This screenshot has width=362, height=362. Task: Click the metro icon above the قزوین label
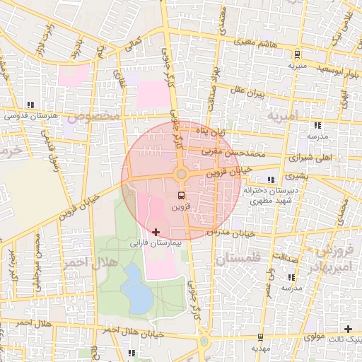(x=181, y=195)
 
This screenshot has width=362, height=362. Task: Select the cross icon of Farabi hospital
(x=156, y=232)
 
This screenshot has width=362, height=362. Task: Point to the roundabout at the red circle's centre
(x=181, y=174)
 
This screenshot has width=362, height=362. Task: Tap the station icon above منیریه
(x=297, y=54)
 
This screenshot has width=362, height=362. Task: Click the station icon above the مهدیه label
(x=261, y=337)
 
